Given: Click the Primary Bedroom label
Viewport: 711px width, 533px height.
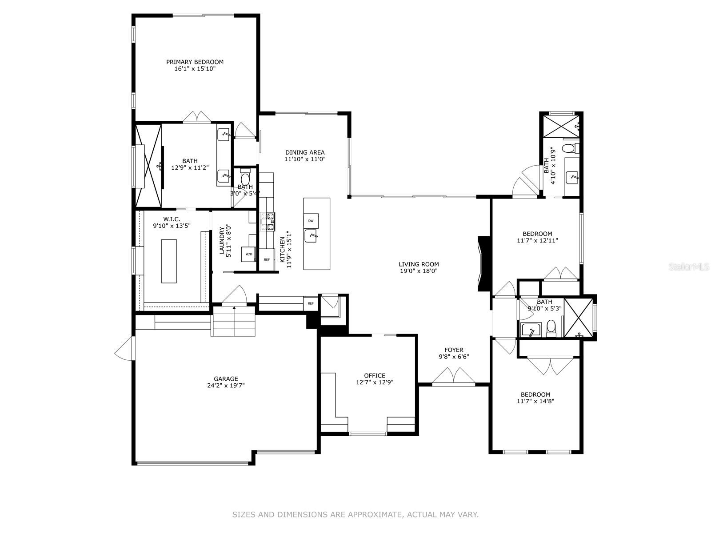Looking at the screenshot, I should (195, 62).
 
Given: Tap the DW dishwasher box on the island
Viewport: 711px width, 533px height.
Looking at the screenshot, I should (311, 221).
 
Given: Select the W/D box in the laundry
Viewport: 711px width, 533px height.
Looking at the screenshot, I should (248, 254).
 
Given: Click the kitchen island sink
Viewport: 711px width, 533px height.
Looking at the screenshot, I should (311, 236).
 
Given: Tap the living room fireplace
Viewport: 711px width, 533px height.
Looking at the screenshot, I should (483, 264).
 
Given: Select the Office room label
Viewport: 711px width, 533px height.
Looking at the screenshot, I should (375, 376).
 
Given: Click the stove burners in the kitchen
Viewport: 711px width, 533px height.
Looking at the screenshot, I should (268, 222).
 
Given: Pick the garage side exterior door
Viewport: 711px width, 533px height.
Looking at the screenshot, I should (124, 348).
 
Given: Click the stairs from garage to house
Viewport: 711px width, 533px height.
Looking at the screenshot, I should (234, 321).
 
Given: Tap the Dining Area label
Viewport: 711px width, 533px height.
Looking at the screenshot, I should (305, 152).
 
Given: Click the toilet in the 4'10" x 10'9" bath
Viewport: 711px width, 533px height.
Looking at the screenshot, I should (569, 148).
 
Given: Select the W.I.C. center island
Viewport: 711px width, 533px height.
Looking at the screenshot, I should (169, 261).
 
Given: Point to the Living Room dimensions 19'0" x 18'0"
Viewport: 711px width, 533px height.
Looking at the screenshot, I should (419, 271).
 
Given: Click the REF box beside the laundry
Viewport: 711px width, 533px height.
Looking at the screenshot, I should (267, 259).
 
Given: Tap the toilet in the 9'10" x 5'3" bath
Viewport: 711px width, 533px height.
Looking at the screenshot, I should (551, 327).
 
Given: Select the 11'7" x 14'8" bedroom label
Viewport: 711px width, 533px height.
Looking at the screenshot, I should (535, 394).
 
